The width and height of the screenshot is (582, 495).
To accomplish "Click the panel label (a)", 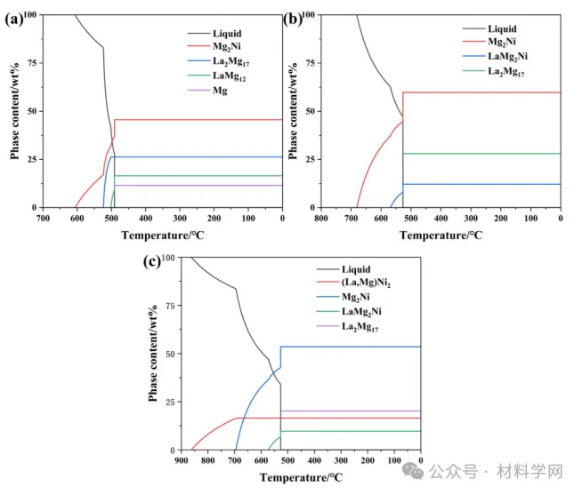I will (13, 17).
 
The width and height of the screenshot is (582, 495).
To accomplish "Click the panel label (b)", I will (294, 17).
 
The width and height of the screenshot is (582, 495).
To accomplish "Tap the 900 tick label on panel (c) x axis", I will (182, 460).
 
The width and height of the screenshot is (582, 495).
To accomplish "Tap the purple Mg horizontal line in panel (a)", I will (196, 185).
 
